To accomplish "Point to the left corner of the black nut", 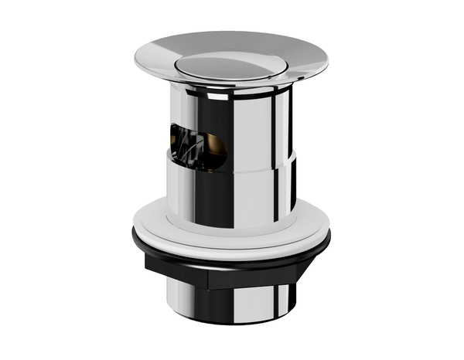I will [x=147, y=263].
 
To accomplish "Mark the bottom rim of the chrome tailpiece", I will [x=232, y=322].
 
